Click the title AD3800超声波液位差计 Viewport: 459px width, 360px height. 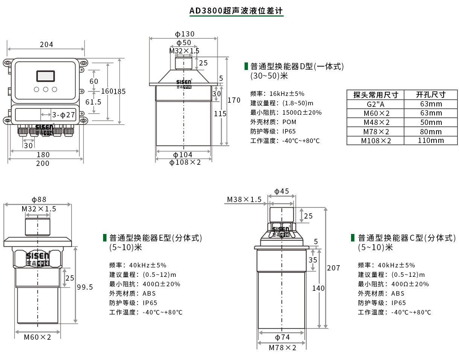(x=236, y=11)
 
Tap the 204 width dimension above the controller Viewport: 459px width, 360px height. (x=46, y=44)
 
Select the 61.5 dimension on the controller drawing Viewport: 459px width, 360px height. (x=94, y=102)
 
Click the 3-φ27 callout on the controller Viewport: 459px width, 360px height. (x=64, y=115)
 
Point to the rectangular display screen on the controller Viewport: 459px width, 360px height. (x=46, y=76)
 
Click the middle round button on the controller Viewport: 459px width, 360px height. (x=46, y=90)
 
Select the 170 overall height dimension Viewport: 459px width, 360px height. (x=234, y=100)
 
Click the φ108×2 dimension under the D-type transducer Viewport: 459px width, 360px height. (x=185, y=162)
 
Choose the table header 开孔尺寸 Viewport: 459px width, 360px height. (x=430, y=95)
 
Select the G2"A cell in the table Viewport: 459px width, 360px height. (x=375, y=104)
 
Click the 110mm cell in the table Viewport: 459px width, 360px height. (x=430, y=141)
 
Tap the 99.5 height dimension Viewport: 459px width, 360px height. (x=85, y=287)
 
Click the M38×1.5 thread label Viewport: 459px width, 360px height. (x=244, y=199)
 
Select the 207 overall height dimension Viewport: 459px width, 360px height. (x=333, y=268)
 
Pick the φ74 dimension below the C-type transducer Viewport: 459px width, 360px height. (x=282, y=337)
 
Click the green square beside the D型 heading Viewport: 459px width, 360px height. (x=246, y=67)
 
